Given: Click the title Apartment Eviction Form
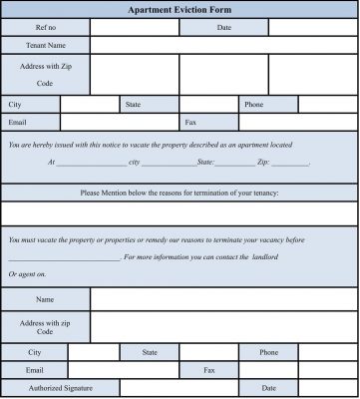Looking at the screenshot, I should (180, 9).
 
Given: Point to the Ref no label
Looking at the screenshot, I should (45, 27).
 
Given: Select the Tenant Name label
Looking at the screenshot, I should (45, 45).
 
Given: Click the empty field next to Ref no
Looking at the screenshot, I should (135, 27).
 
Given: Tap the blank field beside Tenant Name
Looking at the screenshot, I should (223, 45).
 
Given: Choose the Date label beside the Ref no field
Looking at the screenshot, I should (224, 27).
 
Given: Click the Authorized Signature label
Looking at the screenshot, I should (60, 387).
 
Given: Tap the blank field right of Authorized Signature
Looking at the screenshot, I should (180, 387).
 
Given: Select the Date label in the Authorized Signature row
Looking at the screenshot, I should (268, 387).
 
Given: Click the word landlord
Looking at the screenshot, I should (264, 257).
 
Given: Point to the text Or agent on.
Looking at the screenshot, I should (27, 273).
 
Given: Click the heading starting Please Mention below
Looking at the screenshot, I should (180, 193).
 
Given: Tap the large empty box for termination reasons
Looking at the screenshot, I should (180, 212).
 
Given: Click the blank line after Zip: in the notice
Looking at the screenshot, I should (290, 162).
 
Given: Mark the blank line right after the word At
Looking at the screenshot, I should (92, 162).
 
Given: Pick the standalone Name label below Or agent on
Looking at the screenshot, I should (45, 299).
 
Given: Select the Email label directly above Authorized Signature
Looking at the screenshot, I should (34, 369).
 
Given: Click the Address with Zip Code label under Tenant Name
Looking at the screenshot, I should (45, 74).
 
